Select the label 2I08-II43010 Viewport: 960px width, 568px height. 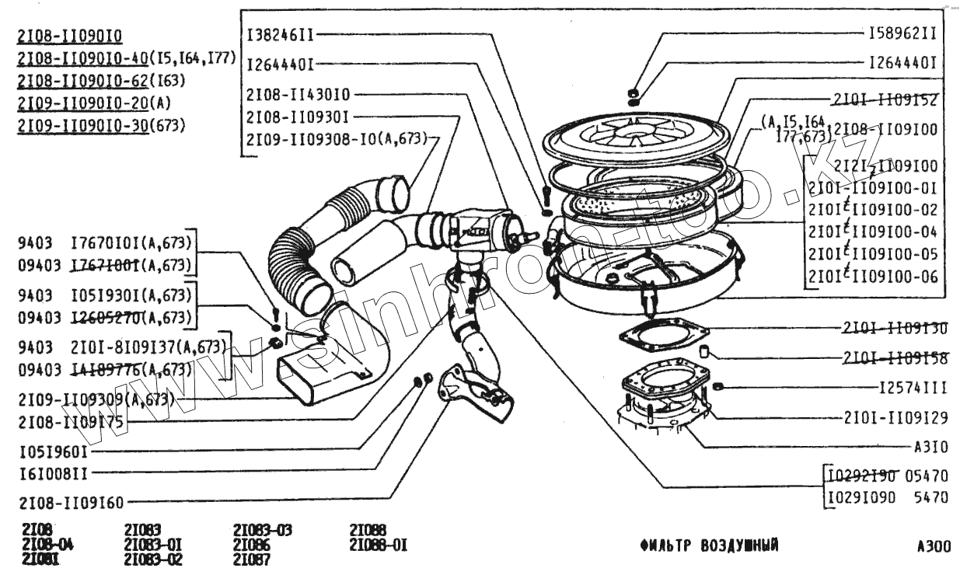coord(298,94)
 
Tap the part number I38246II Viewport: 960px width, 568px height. coord(281,34)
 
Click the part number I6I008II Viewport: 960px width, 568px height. coord(53,472)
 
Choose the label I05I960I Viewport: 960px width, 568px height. coord(53,449)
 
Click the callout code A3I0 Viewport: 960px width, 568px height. coord(931,448)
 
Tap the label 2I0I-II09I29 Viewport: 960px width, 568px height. coord(895,417)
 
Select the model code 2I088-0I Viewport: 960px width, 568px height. coord(378,545)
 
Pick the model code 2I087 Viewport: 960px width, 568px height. coord(251,558)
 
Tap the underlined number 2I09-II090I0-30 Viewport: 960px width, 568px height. coord(82,124)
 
